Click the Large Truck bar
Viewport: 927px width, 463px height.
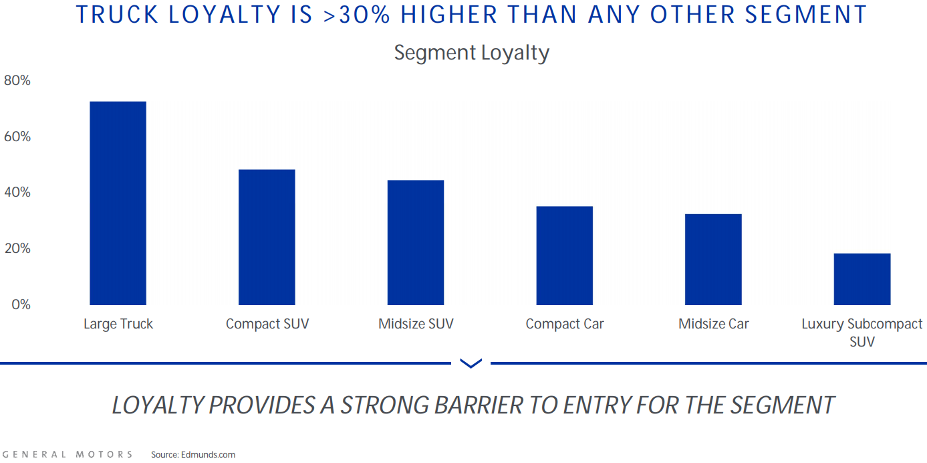[x=118, y=203]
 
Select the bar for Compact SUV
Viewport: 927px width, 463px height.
[x=267, y=238]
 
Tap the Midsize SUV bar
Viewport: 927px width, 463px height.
[x=416, y=243]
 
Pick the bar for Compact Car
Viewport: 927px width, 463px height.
[x=565, y=256]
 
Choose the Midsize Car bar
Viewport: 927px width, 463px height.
[x=713, y=260]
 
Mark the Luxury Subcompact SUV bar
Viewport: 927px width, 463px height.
[x=862, y=279]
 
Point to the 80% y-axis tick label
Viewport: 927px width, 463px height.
[x=17, y=81]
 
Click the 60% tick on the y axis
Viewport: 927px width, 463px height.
[x=17, y=136]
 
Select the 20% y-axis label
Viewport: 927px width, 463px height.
[x=17, y=249]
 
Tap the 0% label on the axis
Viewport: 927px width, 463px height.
[x=21, y=304]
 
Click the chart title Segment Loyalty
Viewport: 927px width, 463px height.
[x=471, y=53]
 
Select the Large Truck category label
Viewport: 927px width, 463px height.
[x=118, y=325]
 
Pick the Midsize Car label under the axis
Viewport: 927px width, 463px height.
[x=714, y=325]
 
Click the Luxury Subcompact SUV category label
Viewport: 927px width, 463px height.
[x=862, y=333]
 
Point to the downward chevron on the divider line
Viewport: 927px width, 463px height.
[x=471, y=363]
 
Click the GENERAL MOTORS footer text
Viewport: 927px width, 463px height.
[x=67, y=454]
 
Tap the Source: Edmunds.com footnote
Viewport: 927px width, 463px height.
[x=193, y=454]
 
